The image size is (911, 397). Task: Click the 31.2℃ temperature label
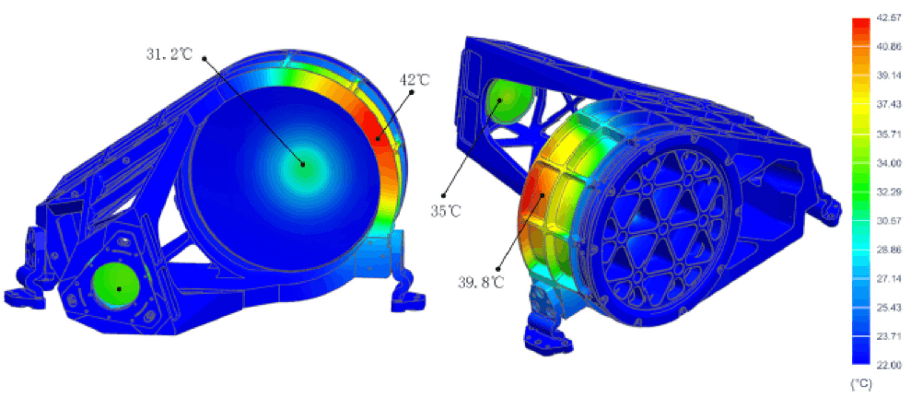click(x=169, y=54)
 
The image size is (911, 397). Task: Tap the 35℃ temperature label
click(x=445, y=211)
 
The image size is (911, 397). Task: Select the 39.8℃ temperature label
click(x=479, y=283)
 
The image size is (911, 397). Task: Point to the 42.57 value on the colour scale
click(x=890, y=19)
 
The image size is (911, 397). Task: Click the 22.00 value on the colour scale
click(x=890, y=365)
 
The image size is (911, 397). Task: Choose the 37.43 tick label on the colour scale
click(x=890, y=106)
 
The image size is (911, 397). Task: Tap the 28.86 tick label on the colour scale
click(x=890, y=250)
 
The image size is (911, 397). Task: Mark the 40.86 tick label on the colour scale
click(x=890, y=48)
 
